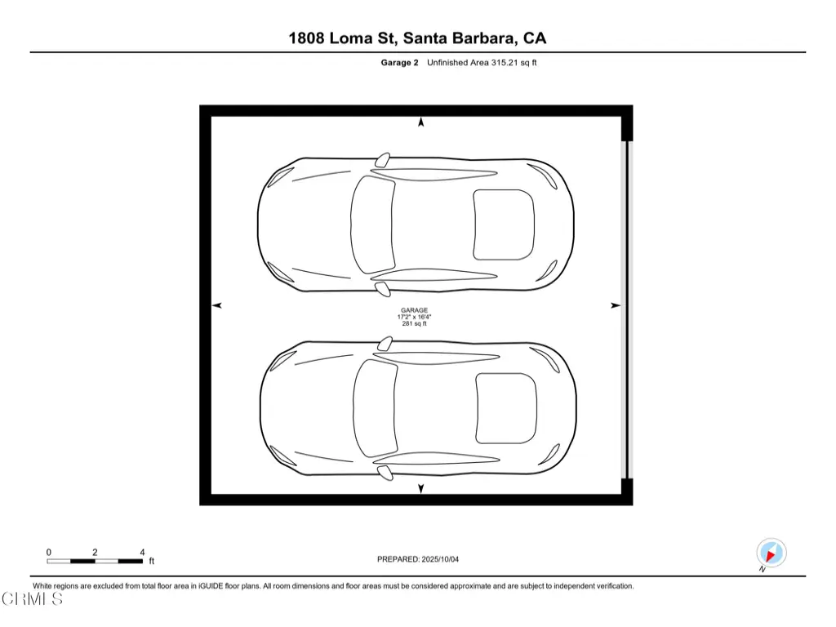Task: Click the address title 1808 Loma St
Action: (x=341, y=38)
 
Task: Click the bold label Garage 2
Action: (x=399, y=62)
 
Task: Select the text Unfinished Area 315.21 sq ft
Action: (x=482, y=62)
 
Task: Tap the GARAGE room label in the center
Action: (x=414, y=310)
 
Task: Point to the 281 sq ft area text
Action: (x=414, y=323)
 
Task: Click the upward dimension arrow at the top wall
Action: (x=420, y=122)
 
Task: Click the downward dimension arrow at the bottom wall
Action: (x=420, y=488)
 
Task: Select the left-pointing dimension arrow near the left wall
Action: (x=217, y=305)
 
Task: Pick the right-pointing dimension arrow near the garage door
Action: (x=616, y=305)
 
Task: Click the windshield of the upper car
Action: (x=372, y=225)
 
